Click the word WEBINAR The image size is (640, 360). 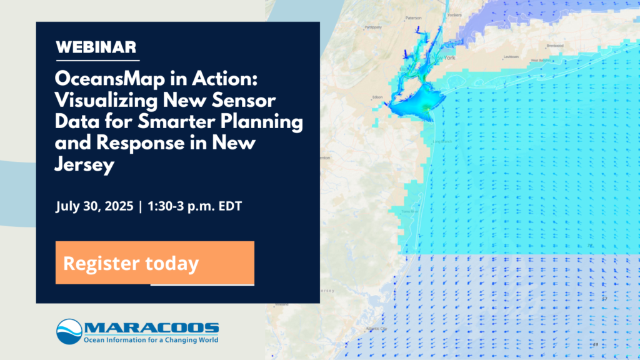[x=96, y=47]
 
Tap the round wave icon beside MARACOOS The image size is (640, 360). [x=69, y=331]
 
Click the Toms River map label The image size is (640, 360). [x=408, y=211]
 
